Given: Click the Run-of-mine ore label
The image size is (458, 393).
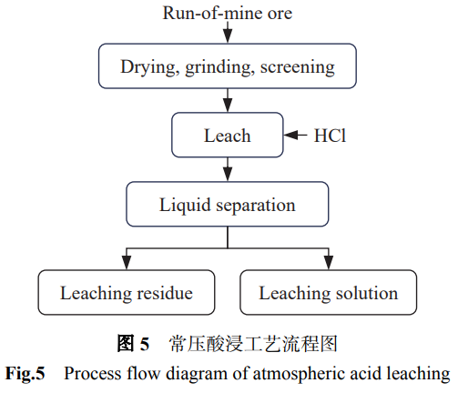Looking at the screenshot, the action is pos(228,13).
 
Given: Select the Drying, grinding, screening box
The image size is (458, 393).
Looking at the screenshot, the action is pos(228,66).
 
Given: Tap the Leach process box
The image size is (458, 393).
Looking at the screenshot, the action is pos(228,135).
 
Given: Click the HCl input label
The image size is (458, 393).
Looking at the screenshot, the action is pos(330,136).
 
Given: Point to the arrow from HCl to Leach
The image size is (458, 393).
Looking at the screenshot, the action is pos(296,135).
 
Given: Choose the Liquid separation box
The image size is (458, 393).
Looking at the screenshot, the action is pos(228,204).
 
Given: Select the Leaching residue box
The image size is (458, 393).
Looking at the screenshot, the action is pos(127,292).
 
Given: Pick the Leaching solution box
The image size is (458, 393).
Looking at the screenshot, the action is pos(329,292).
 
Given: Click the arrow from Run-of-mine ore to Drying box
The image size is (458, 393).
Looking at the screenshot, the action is pos(228,33).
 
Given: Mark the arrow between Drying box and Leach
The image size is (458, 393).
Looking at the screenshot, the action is pos(228,100).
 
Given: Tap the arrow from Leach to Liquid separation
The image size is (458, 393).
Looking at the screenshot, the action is pos(228,169).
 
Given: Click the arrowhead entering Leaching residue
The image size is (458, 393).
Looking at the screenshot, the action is pos(127,263).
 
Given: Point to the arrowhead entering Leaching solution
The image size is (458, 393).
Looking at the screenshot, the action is pos(329,263).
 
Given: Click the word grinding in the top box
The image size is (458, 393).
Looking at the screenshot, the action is pos(219,67).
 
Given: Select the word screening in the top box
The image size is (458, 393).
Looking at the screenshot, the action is pos(298,67).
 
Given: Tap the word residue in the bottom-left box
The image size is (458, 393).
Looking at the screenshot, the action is pos(165,293).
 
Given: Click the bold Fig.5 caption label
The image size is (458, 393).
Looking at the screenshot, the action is pos(25,374).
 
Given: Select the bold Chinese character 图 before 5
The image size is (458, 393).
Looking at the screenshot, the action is pos(126,344).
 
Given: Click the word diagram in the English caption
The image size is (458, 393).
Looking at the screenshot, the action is pos(197,374).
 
